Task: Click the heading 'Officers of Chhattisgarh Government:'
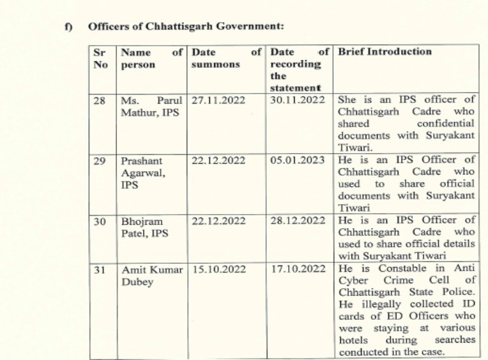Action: (186, 27)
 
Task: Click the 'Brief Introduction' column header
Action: (385, 52)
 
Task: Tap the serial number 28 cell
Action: (100, 100)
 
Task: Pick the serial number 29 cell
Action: (100, 161)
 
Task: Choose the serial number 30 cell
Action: (100, 220)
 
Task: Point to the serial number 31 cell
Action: (100, 269)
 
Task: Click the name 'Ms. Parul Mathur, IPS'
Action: (151, 106)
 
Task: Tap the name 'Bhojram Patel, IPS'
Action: (144, 226)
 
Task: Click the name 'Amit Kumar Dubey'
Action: (151, 275)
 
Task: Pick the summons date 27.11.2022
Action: (219, 100)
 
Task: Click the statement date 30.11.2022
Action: (297, 100)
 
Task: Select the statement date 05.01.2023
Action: (297, 161)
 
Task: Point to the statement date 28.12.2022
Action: (297, 220)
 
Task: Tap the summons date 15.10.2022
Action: (219, 269)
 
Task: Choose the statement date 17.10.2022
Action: (297, 269)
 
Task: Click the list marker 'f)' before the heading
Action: (68, 27)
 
